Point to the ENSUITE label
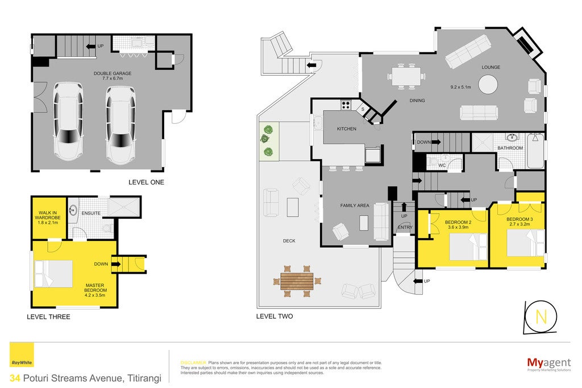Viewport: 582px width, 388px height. tap(91, 213)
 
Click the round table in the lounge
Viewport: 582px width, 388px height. tap(488, 85)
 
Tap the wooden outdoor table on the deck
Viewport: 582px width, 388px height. tap(297, 281)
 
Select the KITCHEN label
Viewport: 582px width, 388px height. tap(347, 129)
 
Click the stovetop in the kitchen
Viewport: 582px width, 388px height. tap(346, 105)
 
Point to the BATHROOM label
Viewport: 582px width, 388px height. tap(510, 148)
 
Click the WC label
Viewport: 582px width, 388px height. tap(442, 165)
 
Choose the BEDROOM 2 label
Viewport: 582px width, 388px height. tap(458, 223)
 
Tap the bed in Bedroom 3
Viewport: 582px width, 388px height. tap(525, 243)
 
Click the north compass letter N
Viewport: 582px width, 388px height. tap(541, 317)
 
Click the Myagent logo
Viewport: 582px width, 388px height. tap(549, 364)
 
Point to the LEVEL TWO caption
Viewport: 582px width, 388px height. tap(275, 316)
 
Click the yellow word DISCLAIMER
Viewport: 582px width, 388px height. tap(193, 363)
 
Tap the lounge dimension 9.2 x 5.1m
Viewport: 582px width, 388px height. tap(460, 87)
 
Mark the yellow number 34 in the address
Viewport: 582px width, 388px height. tap(15, 378)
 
